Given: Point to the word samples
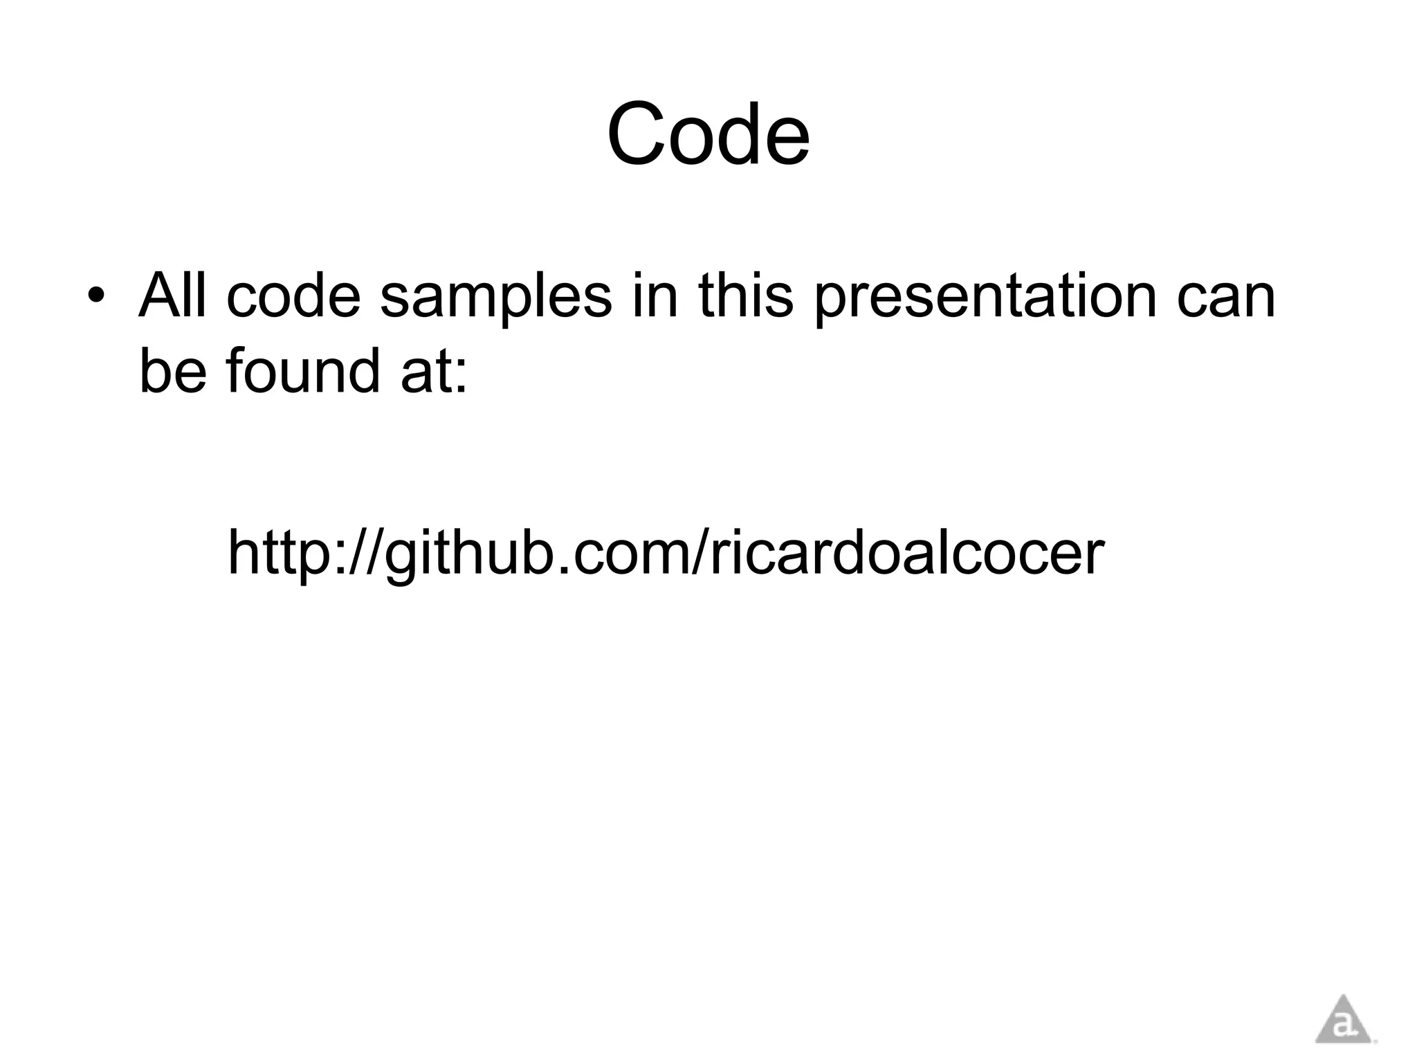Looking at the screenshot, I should tap(495, 298).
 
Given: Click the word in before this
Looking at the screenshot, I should tap(655, 296).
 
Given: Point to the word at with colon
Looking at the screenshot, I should tap(435, 372).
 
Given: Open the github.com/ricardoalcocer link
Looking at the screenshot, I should tap(666, 553).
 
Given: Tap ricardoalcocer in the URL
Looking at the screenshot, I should tap(906, 553).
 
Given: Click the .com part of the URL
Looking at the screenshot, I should tap(616, 553).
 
